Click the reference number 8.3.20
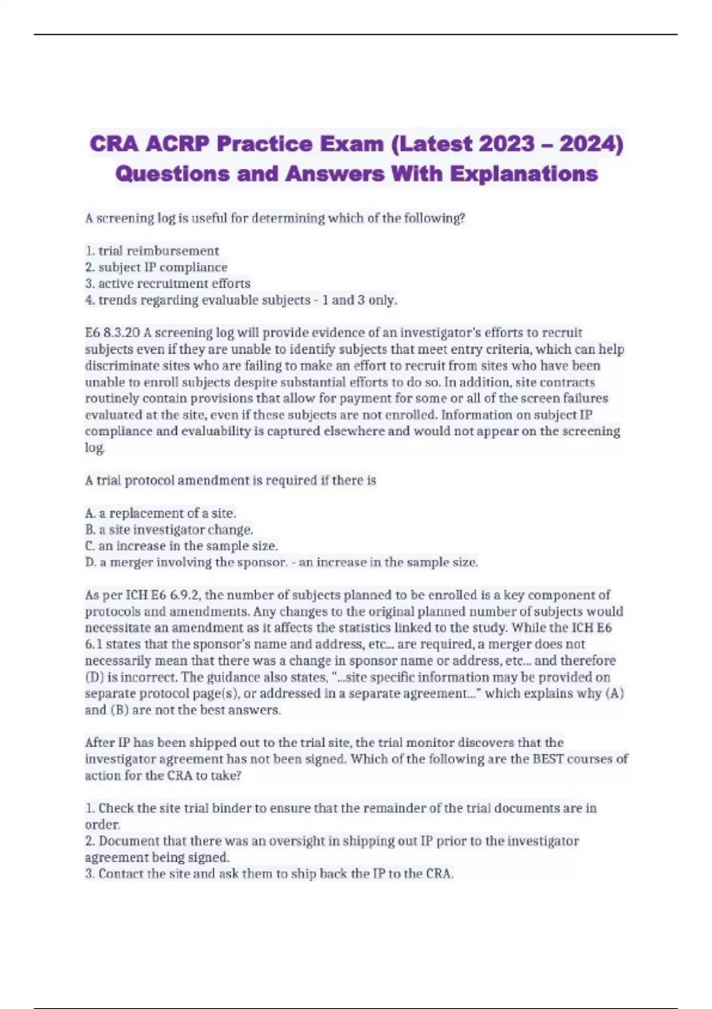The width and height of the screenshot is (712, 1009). pos(121,333)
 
